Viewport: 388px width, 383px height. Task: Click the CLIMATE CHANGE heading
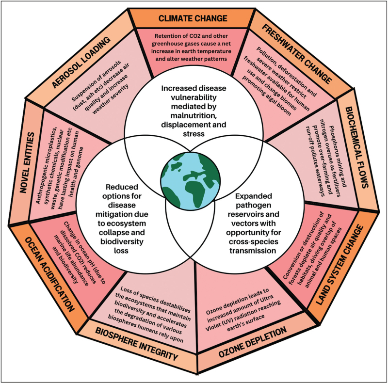tap(193, 19)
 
